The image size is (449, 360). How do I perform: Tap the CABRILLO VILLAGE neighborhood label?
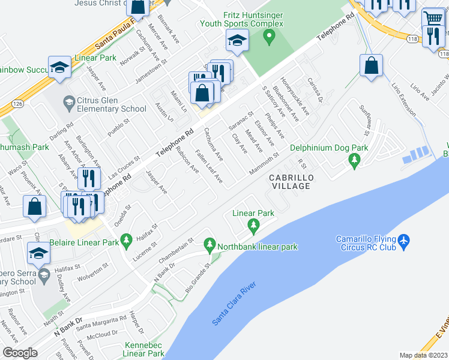[x=289, y=182]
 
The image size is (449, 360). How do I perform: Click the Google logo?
[x=20, y=353]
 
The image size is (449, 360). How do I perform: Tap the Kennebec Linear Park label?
[x=144, y=349]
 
